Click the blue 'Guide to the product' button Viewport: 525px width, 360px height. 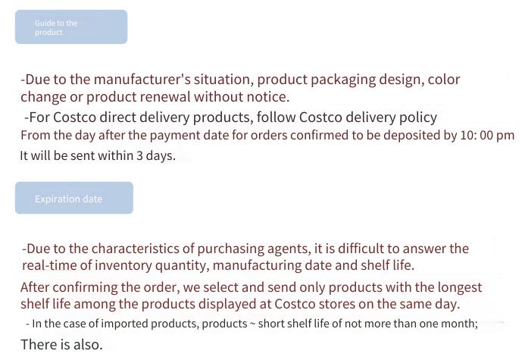[71, 27]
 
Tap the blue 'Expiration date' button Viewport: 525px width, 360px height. [74, 198]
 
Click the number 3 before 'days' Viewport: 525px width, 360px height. [139, 155]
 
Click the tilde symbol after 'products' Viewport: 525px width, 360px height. [253, 324]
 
